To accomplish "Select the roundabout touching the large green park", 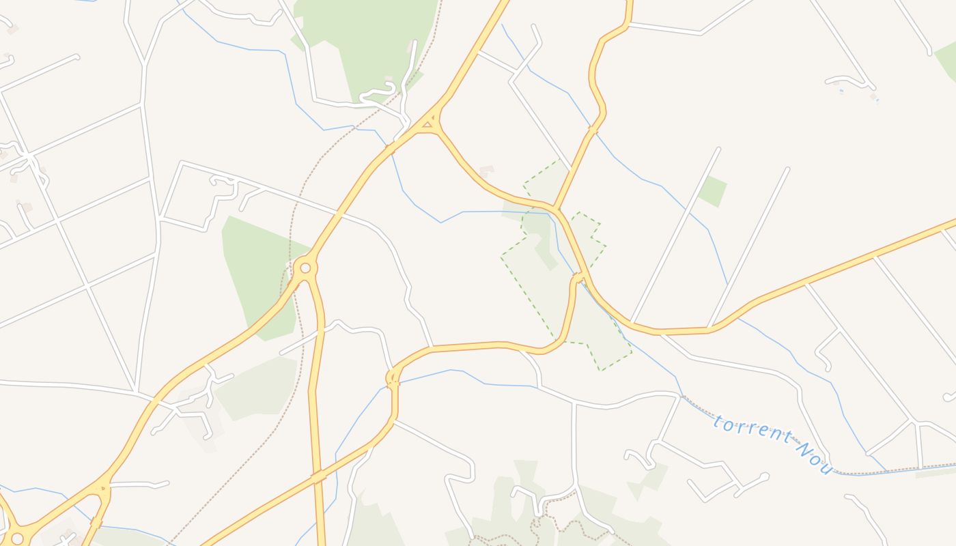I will tap(305, 268).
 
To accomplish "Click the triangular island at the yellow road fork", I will tap(427, 124).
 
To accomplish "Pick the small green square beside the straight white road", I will tap(712, 191).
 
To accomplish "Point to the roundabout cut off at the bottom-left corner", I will tap(16, 538).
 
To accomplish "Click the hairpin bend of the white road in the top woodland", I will tap(392, 87).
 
